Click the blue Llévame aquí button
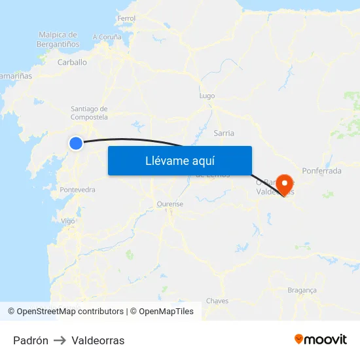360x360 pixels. click(180, 160)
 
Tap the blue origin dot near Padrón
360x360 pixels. click(76, 143)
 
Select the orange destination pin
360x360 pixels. click(285, 184)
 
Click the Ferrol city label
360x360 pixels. click(126, 18)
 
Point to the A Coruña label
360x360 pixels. click(107, 37)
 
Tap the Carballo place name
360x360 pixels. click(72, 62)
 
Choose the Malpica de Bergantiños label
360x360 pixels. click(58, 39)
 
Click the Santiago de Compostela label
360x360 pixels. click(89, 113)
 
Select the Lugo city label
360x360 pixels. click(207, 96)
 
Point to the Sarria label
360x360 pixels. click(224, 133)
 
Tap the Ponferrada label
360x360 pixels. click(321, 171)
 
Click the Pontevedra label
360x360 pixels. click(77, 190)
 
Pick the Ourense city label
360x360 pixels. click(170, 204)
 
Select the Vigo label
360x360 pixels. click(68, 221)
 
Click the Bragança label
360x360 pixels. click(302, 289)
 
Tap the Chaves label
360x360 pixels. click(217, 301)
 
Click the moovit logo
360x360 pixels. click(321, 339)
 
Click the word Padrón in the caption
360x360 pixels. click(31, 340)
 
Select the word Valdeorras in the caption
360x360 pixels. click(98, 340)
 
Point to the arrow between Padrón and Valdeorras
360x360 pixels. click(60, 340)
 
